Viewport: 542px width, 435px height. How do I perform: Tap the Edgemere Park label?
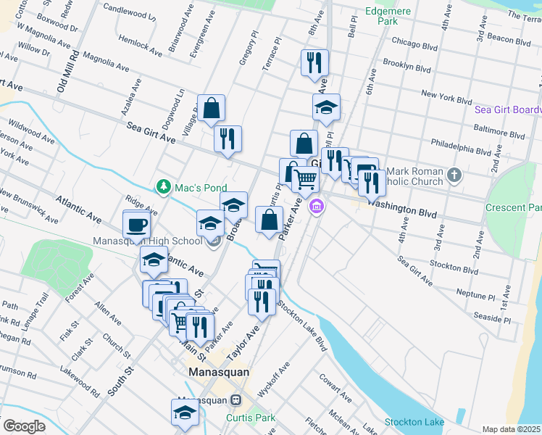point(388,16)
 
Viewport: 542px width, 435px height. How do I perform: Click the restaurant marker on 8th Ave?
point(314,63)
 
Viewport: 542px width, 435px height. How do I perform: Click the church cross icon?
point(454,175)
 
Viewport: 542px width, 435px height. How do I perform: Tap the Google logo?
point(24,426)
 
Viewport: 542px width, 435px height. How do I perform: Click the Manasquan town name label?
point(218,372)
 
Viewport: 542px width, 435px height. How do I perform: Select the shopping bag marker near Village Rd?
point(211,109)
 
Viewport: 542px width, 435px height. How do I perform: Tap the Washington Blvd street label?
point(402,209)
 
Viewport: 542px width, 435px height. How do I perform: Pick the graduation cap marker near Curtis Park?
point(185,413)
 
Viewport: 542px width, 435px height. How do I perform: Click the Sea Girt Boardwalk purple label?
point(507,110)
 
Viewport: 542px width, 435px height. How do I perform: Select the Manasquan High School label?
point(147,241)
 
